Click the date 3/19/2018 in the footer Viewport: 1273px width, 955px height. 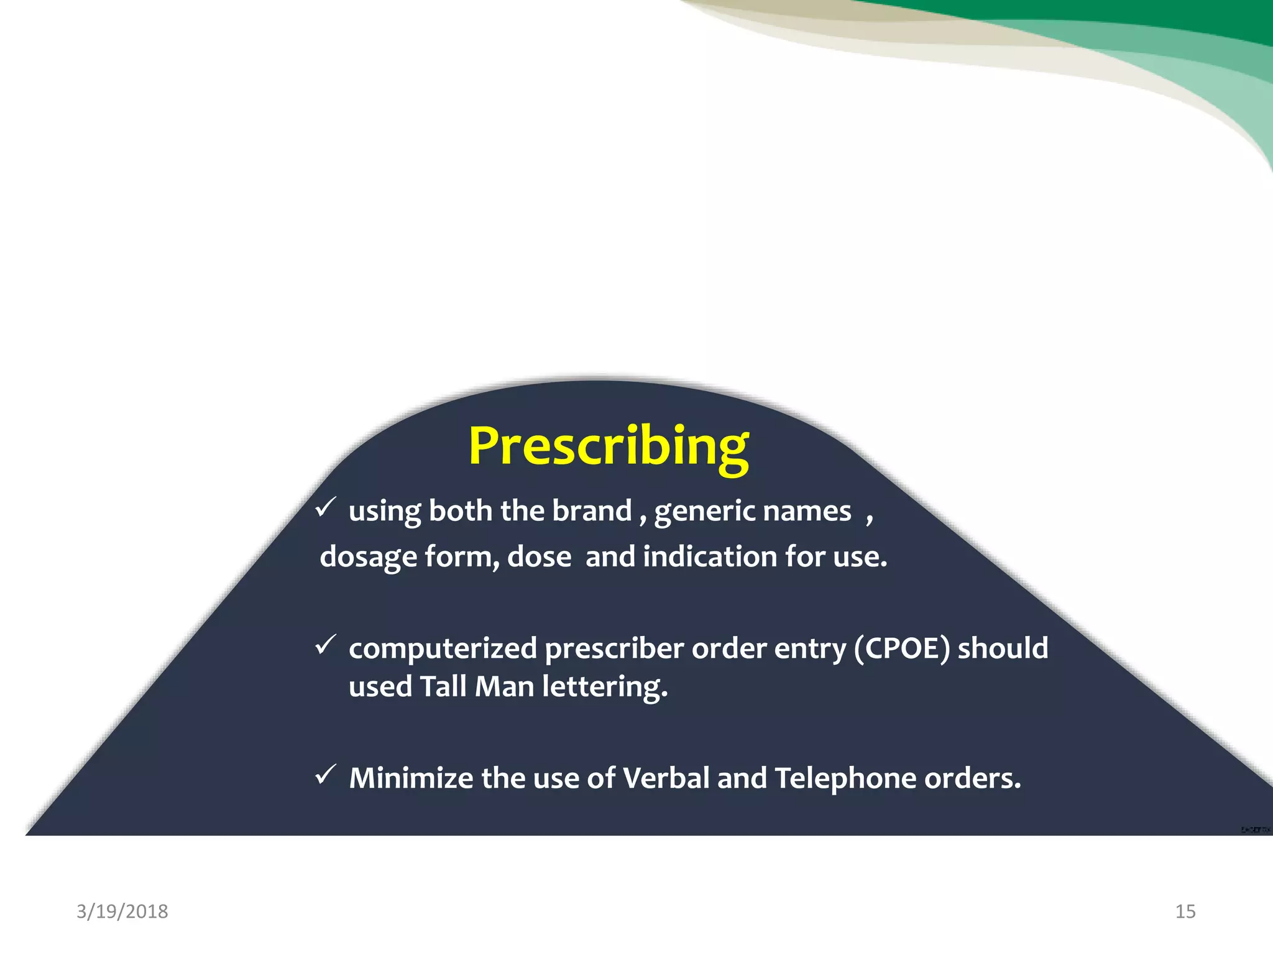pos(122,911)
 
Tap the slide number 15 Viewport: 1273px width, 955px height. pos(1185,911)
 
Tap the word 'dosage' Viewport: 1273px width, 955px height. pos(368,557)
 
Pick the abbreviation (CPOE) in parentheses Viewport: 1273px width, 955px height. pos(901,648)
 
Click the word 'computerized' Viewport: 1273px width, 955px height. pos(443,649)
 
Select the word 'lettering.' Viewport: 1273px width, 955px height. pos(604,688)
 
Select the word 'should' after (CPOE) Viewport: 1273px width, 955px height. pos(1003,648)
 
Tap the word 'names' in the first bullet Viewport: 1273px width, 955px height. pos(806,512)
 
